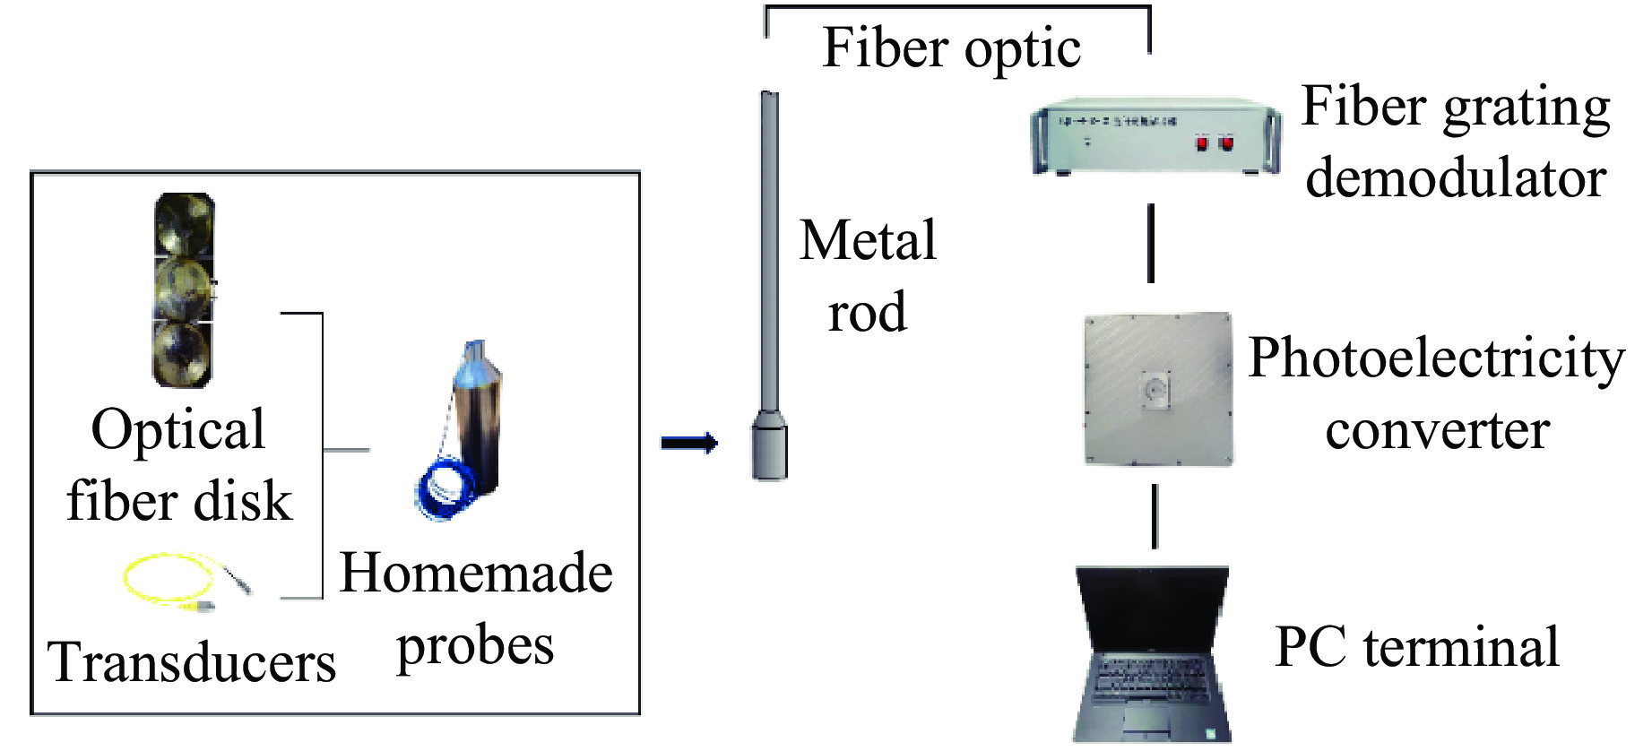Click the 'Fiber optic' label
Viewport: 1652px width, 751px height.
[x=951, y=48]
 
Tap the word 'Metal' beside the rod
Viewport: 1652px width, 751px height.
[x=868, y=240]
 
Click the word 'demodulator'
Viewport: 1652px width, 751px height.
[x=1456, y=177]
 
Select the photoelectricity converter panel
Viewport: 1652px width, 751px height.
[x=1157, y=389]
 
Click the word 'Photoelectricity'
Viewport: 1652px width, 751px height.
[x=1436, y=358]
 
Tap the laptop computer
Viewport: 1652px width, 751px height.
[x=1152, y=654]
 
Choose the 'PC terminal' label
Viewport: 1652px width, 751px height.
[x=1416, y=647]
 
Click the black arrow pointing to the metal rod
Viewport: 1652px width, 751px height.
[x=688, y=443]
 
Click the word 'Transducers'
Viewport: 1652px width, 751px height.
[x=191, y=663]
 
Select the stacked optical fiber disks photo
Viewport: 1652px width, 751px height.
[x=184, y=289]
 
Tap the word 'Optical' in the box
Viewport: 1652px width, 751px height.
[x=177, y=429]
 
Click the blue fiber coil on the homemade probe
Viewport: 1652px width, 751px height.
[x=445, y=490]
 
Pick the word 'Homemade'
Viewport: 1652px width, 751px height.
[x=476, y=573]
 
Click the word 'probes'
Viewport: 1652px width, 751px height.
[x=475, y=647]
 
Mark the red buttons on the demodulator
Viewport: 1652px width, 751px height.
[x=1215, y=142]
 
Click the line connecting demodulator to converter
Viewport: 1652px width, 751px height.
[x=1151, y=244]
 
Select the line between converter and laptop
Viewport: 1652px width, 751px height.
[x=1154, y=516]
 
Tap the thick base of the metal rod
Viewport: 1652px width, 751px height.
[x=769, y=445]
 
